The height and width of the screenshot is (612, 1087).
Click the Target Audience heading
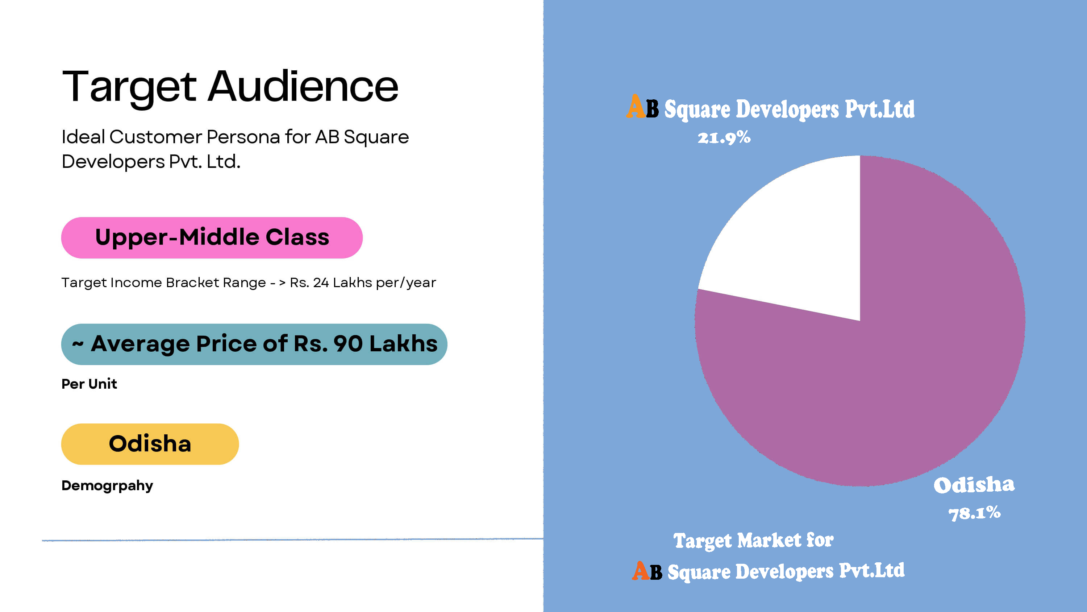(x=230, y=87)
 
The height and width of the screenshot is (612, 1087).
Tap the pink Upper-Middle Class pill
(x=212, y=237)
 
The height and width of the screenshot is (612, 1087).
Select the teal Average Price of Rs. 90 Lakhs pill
(x=254, y=344)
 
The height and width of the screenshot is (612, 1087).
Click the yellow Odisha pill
(x=150, y=444)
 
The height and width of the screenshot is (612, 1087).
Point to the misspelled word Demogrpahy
(x=107, y=485)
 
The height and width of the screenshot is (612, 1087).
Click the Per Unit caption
(x=89, y=384)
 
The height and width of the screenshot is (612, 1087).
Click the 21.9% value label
(x=724, y=138)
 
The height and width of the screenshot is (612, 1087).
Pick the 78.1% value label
(x=974, y=513)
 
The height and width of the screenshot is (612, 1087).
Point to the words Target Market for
(x=753, y=540)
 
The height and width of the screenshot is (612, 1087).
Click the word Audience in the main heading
(x=303, y=87)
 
